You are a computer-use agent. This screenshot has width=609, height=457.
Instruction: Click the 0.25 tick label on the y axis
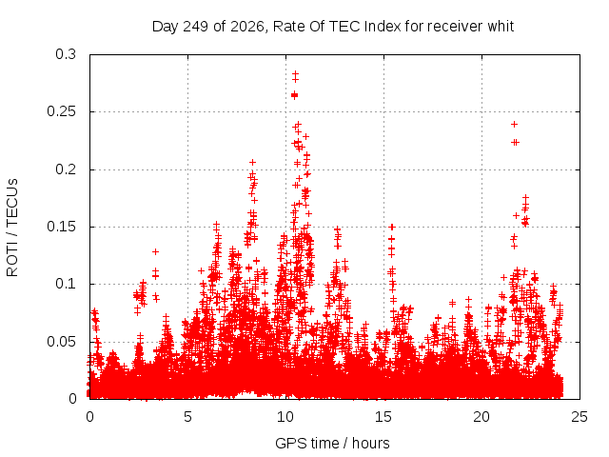pyautogui.click(x=61, y=111)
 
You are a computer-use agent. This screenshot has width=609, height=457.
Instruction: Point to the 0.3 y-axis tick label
pyautogui.click(x=66, y=54)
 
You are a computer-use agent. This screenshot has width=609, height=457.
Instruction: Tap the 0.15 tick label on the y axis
pyautogui.click(x=61, y=227)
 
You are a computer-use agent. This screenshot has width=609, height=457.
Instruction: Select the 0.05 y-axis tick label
pyautogui.click(x=61, y=342)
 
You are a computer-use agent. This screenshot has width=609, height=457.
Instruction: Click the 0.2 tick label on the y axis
pyautogui.click(x=66, y=169)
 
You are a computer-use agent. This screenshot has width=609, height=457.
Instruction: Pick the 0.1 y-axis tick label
pyautogui.click(x=66, y=284)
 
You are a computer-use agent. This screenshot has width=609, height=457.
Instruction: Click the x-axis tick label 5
pyautogui.click(x=188, y=417)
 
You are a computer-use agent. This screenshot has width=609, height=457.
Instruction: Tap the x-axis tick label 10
pyautogui.click(x=285, y=417)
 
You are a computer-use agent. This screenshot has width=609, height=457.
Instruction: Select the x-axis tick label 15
pyautogui.click(x=383, y=417)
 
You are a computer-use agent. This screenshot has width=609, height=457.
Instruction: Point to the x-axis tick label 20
pyautogui.click(x=481, y=417)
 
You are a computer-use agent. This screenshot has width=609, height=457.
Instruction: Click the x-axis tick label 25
pyautogui.click(x=580, y=417)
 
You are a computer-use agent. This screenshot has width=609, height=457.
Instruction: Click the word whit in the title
pyautogui.click(x=501, y=27)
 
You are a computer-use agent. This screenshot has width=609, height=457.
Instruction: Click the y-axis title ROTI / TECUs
pyautogui.click(x=12, y=228)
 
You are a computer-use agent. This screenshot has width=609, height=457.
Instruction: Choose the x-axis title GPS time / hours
pyautogui.click(x=332, y=443)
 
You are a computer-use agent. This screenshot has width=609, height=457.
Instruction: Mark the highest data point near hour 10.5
pyautogui.click(x=295, y=73)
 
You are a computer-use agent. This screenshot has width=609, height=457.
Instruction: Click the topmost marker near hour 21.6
pyautogui.click(x=514, y=125)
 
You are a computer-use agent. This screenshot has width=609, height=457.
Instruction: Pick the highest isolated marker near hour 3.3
pyautogui.click(x=155, y=251)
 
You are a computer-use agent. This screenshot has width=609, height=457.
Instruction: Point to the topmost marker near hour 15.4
pyautogui.click(x=392, y=227)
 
